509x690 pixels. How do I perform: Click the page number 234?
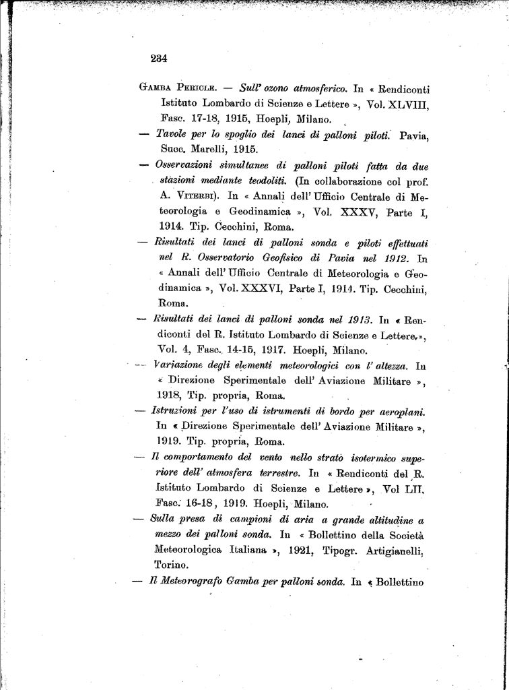(159, 59)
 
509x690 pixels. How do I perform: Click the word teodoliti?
(267, 181)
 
